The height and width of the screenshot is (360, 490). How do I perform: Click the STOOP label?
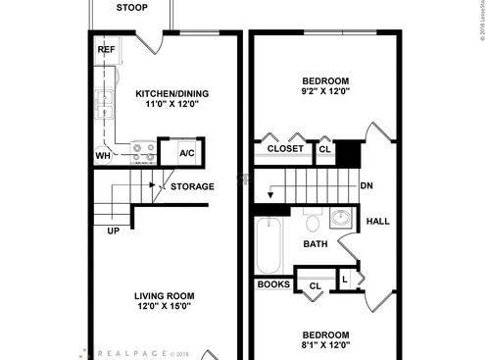pos(131,8)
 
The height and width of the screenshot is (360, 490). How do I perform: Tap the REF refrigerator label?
pos(106,49)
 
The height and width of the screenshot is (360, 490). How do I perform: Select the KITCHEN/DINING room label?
pos(171,94)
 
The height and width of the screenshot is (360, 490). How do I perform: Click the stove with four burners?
pos(143,152)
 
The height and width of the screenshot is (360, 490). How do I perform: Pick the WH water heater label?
pos(103,156)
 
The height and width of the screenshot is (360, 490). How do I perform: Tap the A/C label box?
pos(186,153)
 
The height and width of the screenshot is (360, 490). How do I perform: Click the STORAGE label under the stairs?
pos(192,186)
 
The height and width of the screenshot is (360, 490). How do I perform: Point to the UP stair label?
pos(115,231)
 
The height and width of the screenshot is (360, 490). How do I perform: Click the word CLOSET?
pos(285,149)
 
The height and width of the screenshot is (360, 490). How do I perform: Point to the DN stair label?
pos(367,186)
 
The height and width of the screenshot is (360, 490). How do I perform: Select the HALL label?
pos(377,221)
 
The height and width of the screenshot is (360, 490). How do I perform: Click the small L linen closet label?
pos(345,280)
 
